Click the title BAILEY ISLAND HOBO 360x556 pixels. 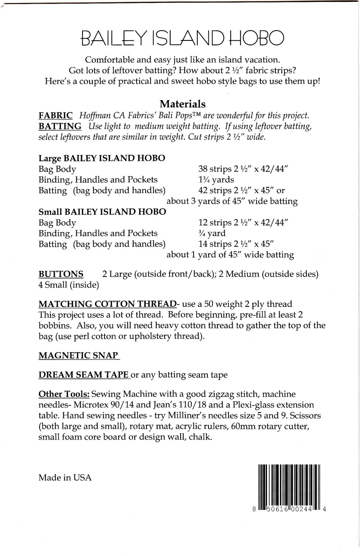[182, 38]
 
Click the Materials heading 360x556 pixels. [182, 104]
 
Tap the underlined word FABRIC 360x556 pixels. [56, 116]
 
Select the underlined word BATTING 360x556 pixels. [60, 126]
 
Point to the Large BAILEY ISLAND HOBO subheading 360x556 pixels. [102, 158]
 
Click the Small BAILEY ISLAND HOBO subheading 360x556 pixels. [102, 212]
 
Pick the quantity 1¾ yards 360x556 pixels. [216, 180]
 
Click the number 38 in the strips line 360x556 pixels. [203, 169]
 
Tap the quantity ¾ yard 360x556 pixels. [212, 234]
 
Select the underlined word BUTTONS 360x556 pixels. [61, 274]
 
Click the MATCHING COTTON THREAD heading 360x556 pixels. [107, 304]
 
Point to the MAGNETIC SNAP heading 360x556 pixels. [79, 355]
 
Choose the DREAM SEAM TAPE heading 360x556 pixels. [83, 375]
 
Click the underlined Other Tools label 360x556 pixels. [64, 394]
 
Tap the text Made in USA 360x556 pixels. [65, 477]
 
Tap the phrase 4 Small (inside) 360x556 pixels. [69, 285]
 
